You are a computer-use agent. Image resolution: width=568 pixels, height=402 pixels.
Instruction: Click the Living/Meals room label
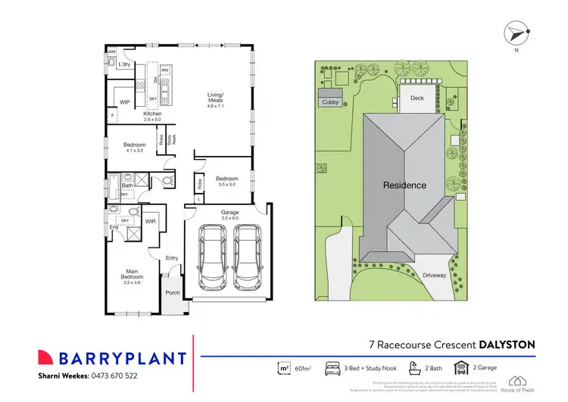(x=217, y=100)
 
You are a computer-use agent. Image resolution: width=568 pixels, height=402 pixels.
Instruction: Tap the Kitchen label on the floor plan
(x=154, y=115)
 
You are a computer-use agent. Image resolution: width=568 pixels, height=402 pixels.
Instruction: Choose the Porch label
(x=173, y=294)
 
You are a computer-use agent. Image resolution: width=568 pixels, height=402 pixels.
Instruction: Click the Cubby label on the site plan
(x=330, y=101)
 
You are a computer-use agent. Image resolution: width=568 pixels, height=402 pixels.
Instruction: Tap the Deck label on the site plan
(x=417, y=98)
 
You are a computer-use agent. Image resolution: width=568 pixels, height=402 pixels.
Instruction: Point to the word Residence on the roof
(x=404, y=185)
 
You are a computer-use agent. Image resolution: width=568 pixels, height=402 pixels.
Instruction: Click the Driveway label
(x=434, y=276)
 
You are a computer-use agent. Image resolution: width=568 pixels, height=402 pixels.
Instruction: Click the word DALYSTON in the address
(x=507, y=344)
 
